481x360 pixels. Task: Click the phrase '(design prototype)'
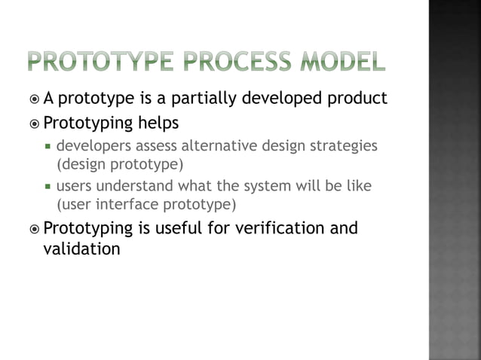(120, 163)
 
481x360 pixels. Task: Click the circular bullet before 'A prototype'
(35, 99)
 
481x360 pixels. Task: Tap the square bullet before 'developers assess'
(48, 145)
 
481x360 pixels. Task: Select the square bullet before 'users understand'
(48, 186)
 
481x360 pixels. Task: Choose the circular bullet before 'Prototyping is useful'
(35, 228)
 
